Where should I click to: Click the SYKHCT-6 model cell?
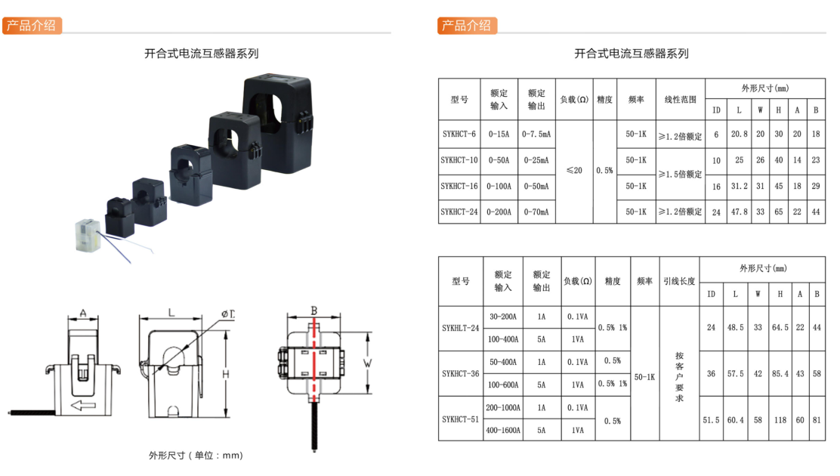coord(459,134)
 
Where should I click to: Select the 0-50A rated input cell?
coord(499,159)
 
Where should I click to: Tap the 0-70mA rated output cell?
coord(536,212)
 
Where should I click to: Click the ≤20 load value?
coord(574,171)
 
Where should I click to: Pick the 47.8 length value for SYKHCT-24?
coord(740,212)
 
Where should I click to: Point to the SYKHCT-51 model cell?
coord(461,419)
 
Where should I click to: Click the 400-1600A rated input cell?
coord(503,430)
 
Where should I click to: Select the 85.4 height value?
coord(780,373)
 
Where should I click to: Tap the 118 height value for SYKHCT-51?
coord(780,420)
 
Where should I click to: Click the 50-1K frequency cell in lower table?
coord(644,377)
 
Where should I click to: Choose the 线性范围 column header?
coord(681,99)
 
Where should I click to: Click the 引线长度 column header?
coord(679,281)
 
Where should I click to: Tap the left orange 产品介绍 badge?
coord(32,25)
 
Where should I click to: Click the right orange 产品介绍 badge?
coord(467,25)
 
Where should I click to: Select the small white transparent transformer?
coord(88,235)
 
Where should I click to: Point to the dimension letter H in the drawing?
coord(226,374)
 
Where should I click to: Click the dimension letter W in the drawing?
coord(367,363)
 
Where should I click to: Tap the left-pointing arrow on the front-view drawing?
coord(83,405)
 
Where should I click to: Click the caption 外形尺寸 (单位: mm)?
coord(196,455)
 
